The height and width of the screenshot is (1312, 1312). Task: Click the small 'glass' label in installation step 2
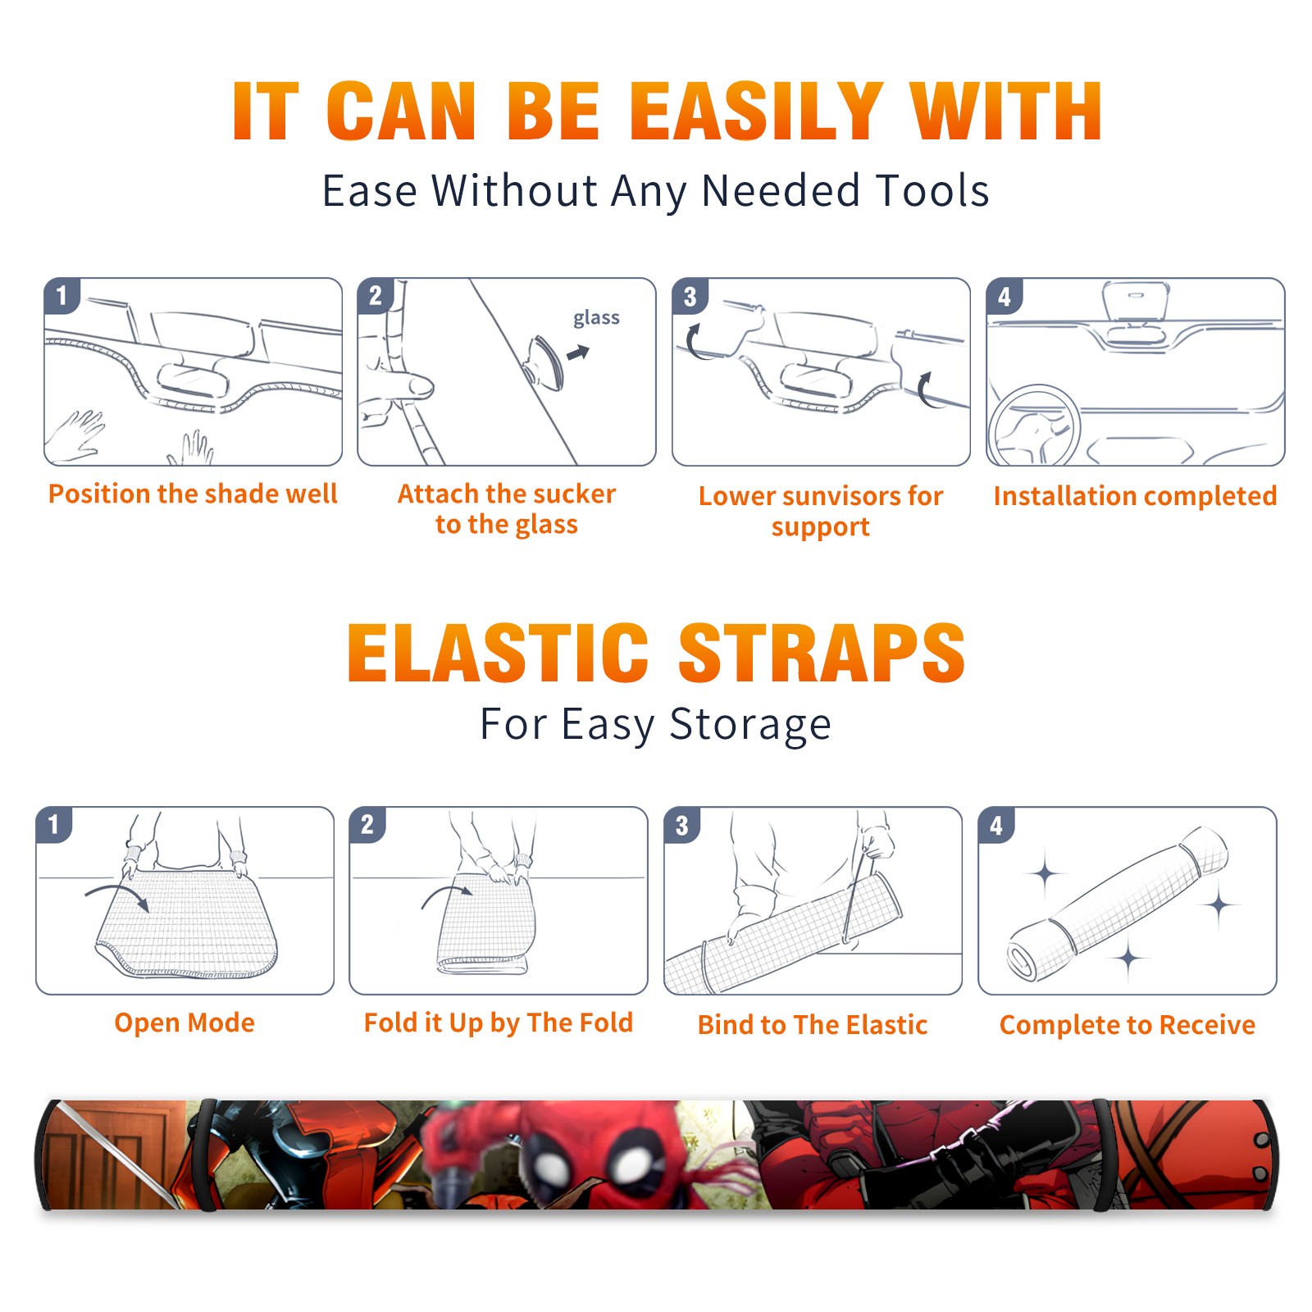click(x=596, y=318)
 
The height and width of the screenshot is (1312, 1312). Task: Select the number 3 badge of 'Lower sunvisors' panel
click(x=690, y=296)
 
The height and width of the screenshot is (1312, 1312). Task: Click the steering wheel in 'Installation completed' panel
click(x=1033, y=426)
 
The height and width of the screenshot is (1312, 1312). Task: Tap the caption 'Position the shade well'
click(x=193, y=494)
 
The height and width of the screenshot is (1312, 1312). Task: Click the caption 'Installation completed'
click(x=1135, y=495)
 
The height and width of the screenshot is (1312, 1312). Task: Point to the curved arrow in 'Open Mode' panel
click(x=117, y=895)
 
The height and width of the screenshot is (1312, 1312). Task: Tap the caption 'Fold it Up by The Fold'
click(x=499, y=1023)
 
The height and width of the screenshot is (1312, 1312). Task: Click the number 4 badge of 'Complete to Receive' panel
click(x=995, y=825)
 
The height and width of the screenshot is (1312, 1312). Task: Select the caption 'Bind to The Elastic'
click(x=812, y=1024)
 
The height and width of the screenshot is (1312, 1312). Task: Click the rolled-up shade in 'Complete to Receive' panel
click(x=1118, y=904)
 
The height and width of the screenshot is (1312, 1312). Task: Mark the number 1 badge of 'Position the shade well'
click(x=61, y=295)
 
